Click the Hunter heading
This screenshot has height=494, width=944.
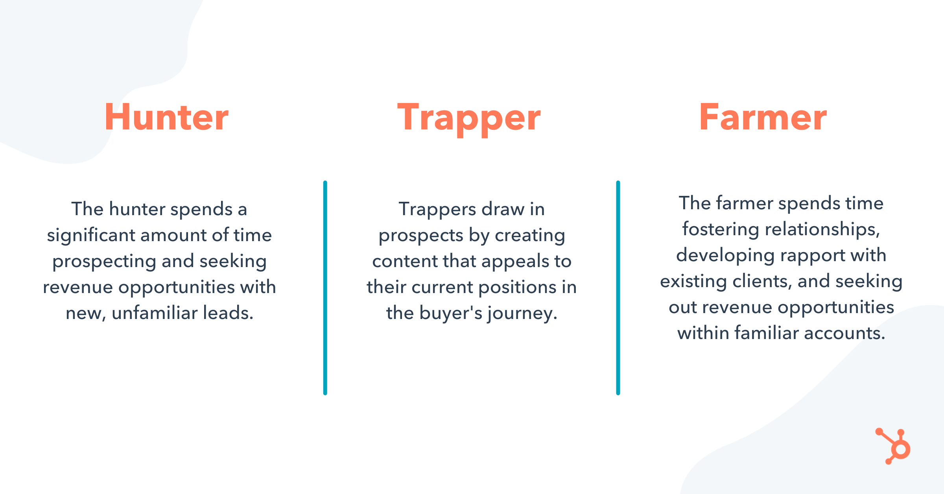tap(166, 117)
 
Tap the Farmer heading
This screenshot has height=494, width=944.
tap(763, 117)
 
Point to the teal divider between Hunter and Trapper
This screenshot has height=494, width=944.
tap(325, 288)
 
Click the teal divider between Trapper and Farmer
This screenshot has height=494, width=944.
tap(618, 288)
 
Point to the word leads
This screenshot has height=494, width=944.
tap(228, 313)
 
